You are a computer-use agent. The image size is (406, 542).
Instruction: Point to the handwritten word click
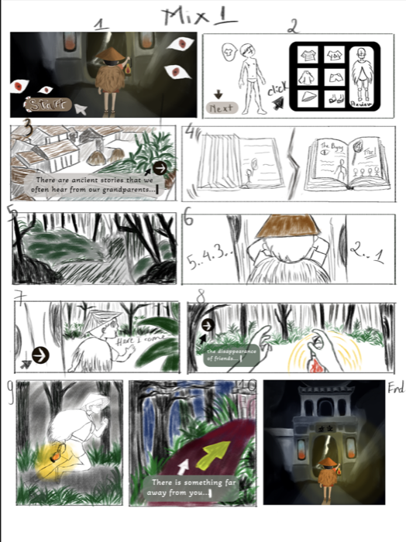(x=277, y=92)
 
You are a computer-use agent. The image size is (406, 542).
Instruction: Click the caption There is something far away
(x=187, y=488)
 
